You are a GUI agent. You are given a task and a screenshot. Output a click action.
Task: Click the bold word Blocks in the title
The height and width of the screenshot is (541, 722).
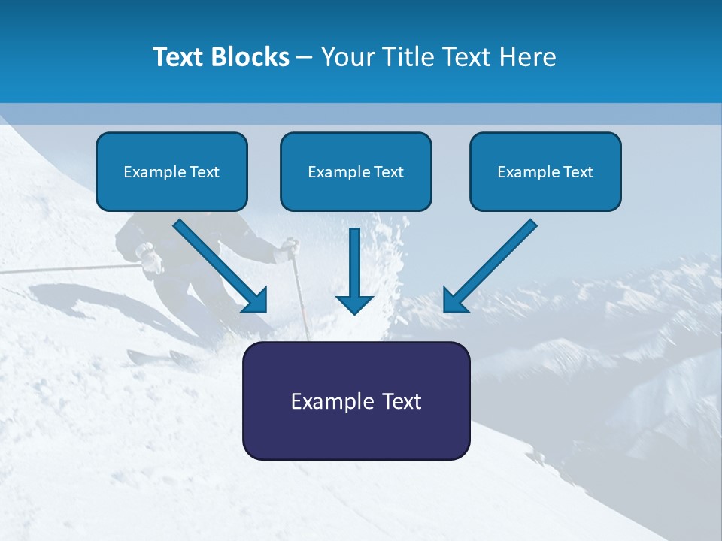click(x=251, y=57)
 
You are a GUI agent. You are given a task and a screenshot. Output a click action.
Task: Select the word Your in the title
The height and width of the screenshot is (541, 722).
click(x=347, y=57)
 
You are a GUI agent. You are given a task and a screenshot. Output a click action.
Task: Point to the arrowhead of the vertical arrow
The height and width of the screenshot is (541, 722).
click(x=354, y=304)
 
